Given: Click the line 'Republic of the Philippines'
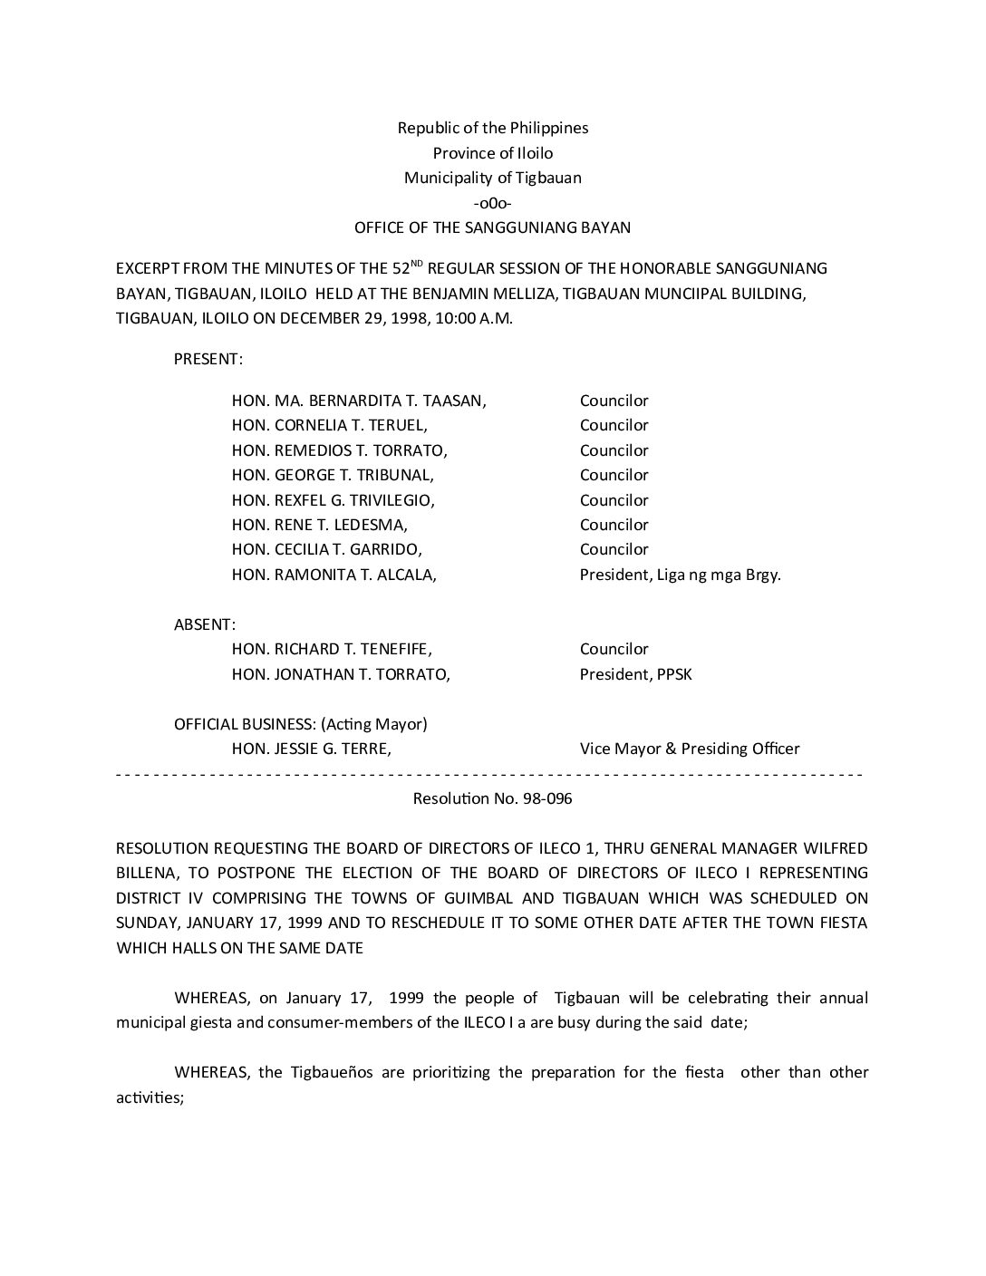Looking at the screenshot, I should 493,128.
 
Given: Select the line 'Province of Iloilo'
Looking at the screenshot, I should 493,153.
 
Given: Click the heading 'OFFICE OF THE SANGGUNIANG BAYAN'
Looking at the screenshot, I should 492,227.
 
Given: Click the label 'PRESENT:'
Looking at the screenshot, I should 208,359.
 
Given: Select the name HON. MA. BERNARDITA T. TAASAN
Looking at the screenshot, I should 359,401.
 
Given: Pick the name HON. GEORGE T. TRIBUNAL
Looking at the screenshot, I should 333,475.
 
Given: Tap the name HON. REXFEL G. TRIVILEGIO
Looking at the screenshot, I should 333,500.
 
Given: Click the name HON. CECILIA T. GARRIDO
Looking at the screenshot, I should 327,549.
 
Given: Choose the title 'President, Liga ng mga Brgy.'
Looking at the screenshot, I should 680,575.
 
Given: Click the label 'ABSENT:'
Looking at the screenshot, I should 205,624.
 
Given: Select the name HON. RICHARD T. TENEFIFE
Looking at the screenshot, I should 332,649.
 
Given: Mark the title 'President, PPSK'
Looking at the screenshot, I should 635,674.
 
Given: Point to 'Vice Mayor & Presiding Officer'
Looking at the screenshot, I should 690,749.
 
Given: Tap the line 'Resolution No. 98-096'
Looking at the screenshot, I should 492,798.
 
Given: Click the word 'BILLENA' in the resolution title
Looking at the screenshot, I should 148,873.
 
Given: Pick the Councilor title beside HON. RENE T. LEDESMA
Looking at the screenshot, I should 614,525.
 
